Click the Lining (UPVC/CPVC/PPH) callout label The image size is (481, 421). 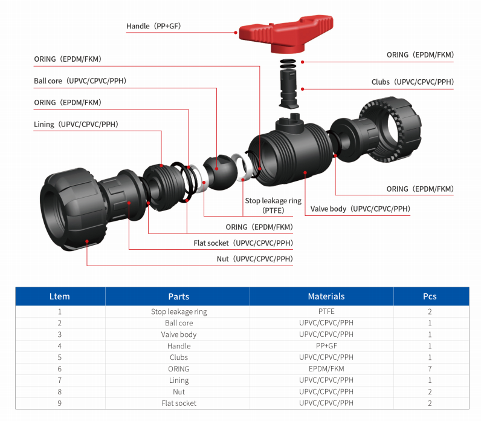[76, 125]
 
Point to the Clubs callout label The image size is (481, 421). [412, 82]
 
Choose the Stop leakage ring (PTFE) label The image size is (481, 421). [273, 206]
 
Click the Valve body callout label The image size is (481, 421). [360, 209]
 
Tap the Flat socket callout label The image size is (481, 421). [243, 243]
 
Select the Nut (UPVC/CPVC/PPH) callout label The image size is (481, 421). [254, 259]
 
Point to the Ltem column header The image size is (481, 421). [59, 296]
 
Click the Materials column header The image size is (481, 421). [326, 296]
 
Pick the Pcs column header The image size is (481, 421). [430, 296]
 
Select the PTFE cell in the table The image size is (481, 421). [326, 312]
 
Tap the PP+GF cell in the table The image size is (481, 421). [326, 346]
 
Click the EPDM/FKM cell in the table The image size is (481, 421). [326, 369]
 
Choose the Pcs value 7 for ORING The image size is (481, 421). [430, 369]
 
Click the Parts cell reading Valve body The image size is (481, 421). [179, 335]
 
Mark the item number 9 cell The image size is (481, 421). [59, 403]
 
